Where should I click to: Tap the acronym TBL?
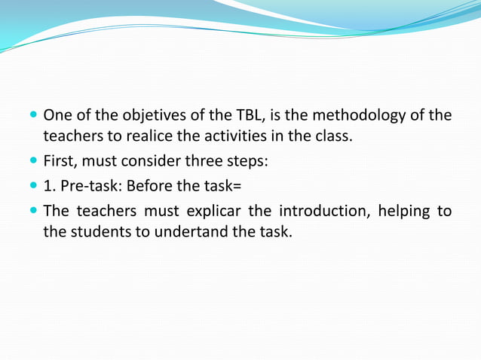coord(245,116)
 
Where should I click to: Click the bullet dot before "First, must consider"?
coord(34,161)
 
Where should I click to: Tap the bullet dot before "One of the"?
coord(34,117)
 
